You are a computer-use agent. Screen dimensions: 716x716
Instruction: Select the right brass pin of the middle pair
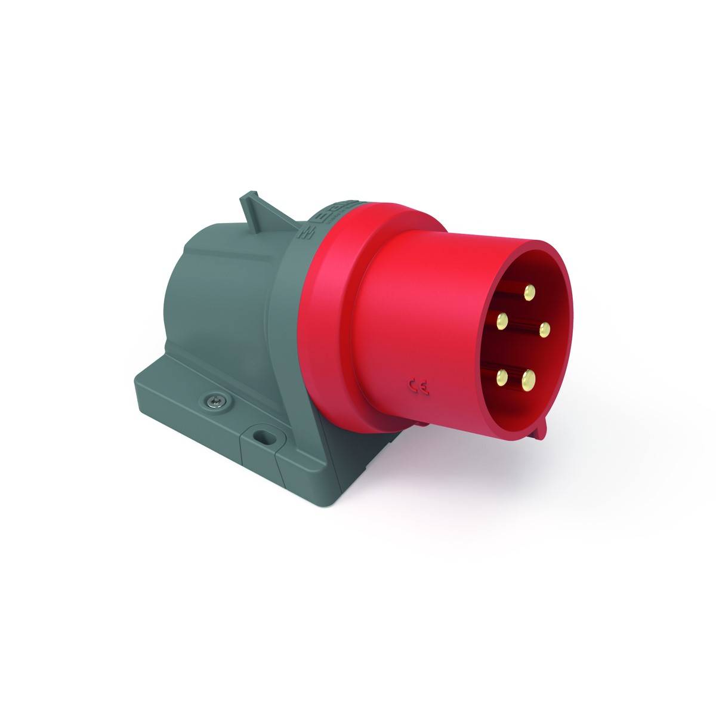pyautogui.click(x=544, y=328)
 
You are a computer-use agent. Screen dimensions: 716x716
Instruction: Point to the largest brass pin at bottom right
pyautogui.click(x=528, y=378)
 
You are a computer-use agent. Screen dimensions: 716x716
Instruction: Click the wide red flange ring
pyautogui.click(x=334, y=334)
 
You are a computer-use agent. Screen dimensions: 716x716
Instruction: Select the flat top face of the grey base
pyautogui.click(x=179, y=382)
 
